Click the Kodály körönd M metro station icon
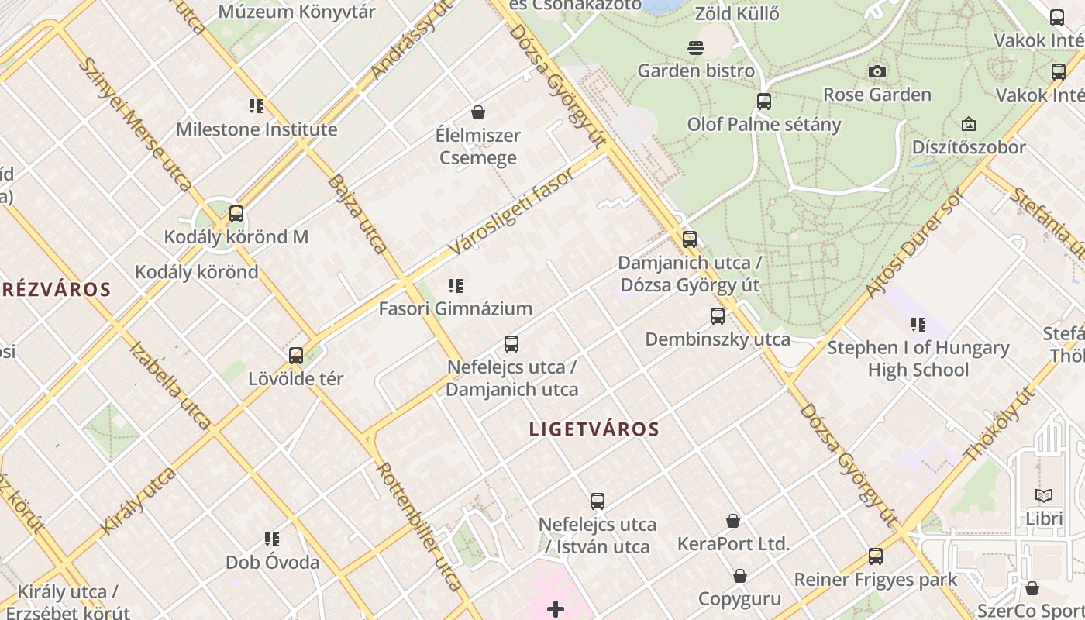(x=236, y=214)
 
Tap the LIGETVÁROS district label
(x=594, y=429)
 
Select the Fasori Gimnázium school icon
(x=456, y=286)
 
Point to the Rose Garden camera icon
(x=877, y=72)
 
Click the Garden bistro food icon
(x=695, y=48)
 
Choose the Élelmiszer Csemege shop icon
(x=478, y=112)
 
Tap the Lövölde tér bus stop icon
(x=296, y=356)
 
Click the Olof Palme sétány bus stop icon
(x=764, y=102)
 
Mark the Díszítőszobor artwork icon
(x=968, y=124)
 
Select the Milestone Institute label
(x=257, y=129)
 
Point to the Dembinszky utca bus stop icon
(x=718, y=316)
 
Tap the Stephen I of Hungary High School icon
(x=918, y=325)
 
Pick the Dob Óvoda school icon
(x=272, y=539)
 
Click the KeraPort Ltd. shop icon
(x=733, y=521)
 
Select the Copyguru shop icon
(x=740, y=576)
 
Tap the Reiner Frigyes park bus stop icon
(x=876, y=556)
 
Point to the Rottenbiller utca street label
(x=418, y=527)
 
